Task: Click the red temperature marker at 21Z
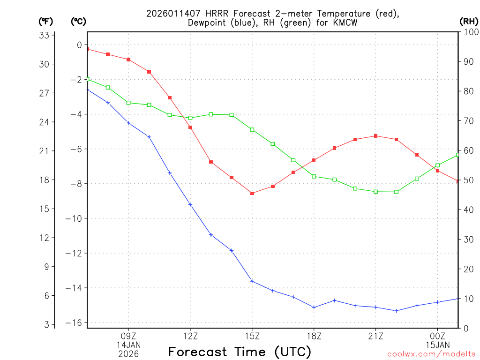376,136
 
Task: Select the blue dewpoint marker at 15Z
252,281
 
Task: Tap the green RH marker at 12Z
190,118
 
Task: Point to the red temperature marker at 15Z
252,193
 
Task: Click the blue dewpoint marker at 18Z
314,307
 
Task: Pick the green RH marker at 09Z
128,103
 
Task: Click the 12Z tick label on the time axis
190,336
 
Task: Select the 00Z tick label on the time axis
438,336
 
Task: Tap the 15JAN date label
438,345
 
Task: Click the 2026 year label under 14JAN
128,353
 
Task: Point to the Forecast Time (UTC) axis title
240,352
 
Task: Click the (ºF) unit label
46,21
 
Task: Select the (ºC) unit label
78,21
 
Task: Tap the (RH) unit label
469,21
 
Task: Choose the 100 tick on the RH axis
469,32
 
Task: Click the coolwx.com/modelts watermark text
431,354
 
